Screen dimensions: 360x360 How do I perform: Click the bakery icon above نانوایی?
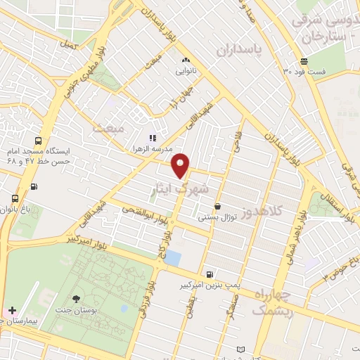[x=186, y=60]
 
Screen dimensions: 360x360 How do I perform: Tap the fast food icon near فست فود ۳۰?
[x=304, y=60]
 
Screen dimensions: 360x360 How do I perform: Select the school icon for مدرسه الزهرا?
[x=151, y=138]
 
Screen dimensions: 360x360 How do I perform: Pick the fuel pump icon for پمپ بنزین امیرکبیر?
[x=209, y=274]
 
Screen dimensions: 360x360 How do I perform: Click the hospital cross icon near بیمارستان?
[x=12, y=310]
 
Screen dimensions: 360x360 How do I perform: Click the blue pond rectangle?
[x=172, y=257]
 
